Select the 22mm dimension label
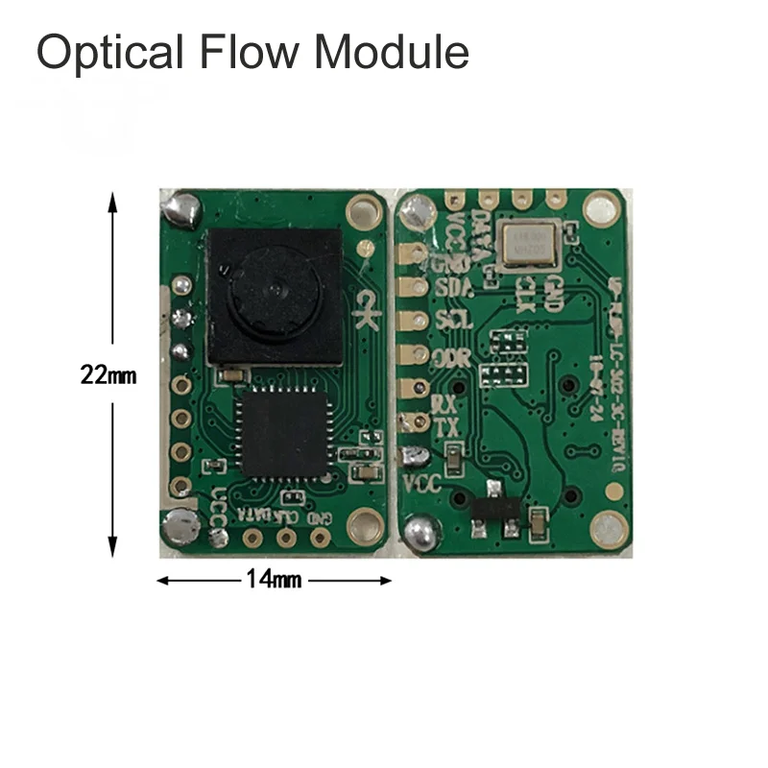tap(108, 376)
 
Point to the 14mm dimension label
tap(274, 580)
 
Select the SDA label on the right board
tap(453, 288)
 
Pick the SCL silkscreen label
tap(453, 321)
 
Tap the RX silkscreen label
tap(444, 402)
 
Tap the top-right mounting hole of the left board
tap(363, 207)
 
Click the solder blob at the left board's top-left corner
tap(180, 207)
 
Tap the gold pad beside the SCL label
tap(416, 321)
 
